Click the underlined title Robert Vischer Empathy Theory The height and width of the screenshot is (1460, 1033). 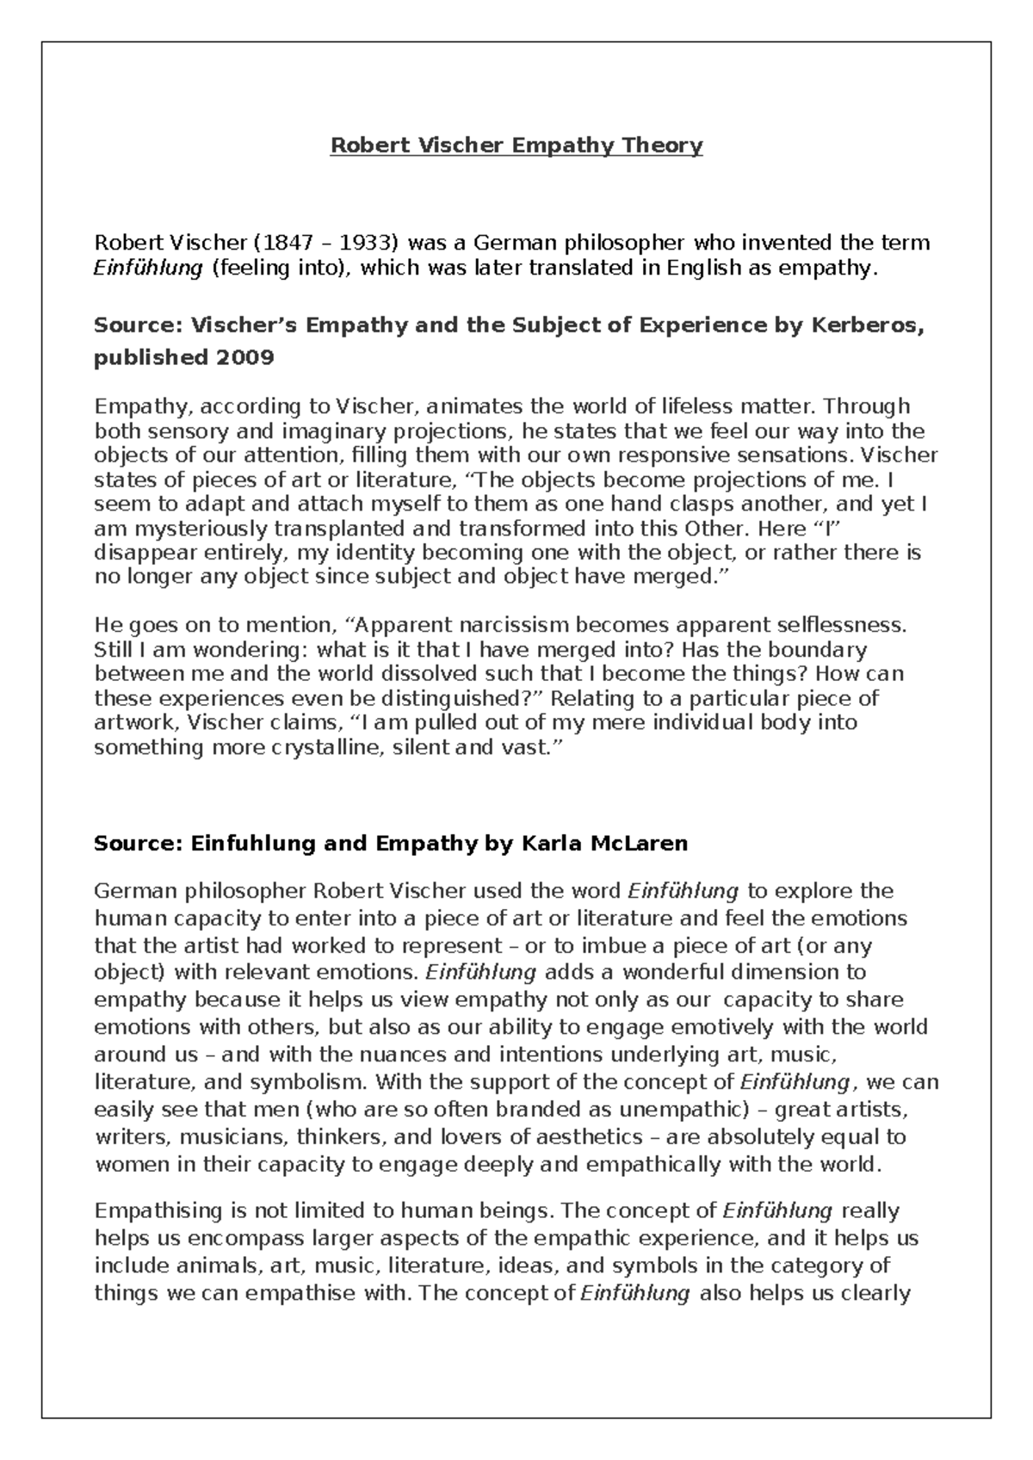516,145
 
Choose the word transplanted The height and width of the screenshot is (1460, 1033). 349,529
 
